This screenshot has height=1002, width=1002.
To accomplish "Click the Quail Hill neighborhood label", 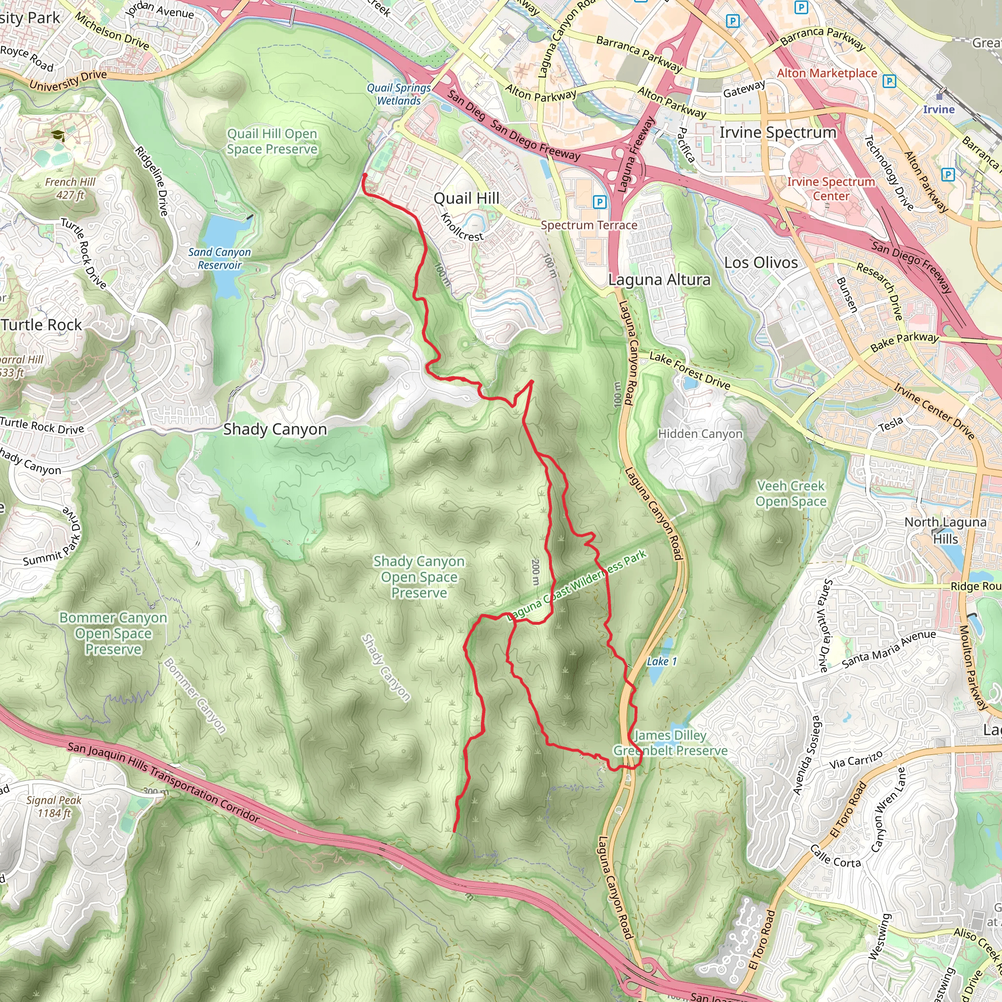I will point(466,199).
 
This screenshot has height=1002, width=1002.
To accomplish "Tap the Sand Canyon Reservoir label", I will point(219,258).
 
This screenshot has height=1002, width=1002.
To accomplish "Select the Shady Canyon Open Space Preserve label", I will point(419,577).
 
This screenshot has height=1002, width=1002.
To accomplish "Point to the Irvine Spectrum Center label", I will point(831,189).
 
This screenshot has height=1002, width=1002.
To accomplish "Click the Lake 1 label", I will point(661,661).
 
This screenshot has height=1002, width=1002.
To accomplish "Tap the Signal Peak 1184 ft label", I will point(54,806).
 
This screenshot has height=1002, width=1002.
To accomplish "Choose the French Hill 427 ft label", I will point(70,188).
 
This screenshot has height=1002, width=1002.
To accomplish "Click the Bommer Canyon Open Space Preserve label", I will point(113,633).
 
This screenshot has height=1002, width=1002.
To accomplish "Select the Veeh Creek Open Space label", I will point(791,493).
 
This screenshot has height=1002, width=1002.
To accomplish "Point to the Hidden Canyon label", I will point(700,433).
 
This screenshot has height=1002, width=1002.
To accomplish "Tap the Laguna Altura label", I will point(659,280).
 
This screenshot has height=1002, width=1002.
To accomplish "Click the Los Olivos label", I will point(761,263).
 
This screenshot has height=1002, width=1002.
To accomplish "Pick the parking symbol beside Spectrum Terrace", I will point(599,202).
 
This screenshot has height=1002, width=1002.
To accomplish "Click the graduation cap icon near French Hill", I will point(58,136).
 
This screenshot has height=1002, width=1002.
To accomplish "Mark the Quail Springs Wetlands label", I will point(399,94).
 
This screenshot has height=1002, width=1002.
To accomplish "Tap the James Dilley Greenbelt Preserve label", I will point(670,743).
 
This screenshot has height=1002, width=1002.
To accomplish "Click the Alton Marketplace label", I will point(827,73).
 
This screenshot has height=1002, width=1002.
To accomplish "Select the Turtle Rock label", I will point(42,325).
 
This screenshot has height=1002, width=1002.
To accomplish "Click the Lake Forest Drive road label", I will point(689,371).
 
